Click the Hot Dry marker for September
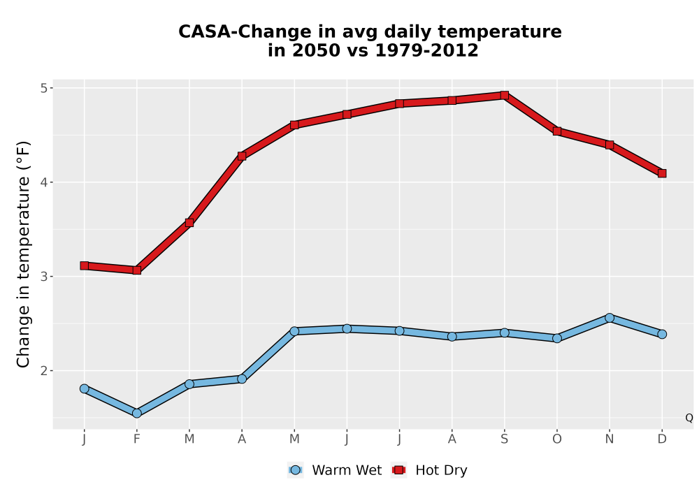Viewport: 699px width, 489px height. [x=504, y=95]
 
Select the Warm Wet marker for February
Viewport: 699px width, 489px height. [x=137, y=414]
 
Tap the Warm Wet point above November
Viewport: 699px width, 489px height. [x=610, y=318]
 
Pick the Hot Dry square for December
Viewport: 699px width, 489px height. [x=662, y=173]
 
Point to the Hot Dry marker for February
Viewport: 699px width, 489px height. [x=137, y=270]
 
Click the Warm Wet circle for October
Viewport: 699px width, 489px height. [x=557, y=338]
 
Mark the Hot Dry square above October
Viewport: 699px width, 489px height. [x=557, y=131]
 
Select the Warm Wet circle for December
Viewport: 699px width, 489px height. [x=662, y=334]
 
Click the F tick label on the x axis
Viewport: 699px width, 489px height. [x=137, y=439]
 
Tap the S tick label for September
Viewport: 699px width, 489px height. [x=504, y=439]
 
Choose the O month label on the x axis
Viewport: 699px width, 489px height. [x=557, y=439]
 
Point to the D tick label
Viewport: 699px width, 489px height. [x=662, y=439]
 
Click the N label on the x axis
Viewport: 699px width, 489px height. [x=610, y=439]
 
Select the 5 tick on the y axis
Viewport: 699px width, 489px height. [x=43, y=88]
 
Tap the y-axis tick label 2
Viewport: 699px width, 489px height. [x=43, y=370]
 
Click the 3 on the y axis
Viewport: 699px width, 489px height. [x=43, y=277]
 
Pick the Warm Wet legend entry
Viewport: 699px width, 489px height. [x=335, y=470]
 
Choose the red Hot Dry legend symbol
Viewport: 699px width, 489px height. [x=399, y=470]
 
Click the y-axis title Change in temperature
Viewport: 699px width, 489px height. [x=24, y=254]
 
